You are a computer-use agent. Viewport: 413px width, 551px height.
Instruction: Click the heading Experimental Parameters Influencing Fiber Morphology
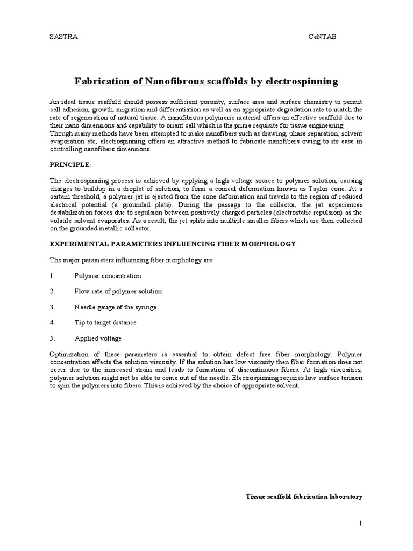(x=173, y=244)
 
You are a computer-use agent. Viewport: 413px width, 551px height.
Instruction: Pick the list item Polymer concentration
(x=108, y=276)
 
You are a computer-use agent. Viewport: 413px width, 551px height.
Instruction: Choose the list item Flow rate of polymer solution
(x=118, y=292)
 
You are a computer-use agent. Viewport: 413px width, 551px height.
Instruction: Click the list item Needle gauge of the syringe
(x=115, y=307)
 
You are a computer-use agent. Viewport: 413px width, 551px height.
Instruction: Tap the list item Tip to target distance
(x=105, y=323)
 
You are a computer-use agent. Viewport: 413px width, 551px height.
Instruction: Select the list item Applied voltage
(x=98, y=338)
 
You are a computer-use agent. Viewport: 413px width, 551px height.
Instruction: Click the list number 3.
(x=52, y=307)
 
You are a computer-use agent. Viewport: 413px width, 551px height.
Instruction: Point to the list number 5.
(x=52, y=338)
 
